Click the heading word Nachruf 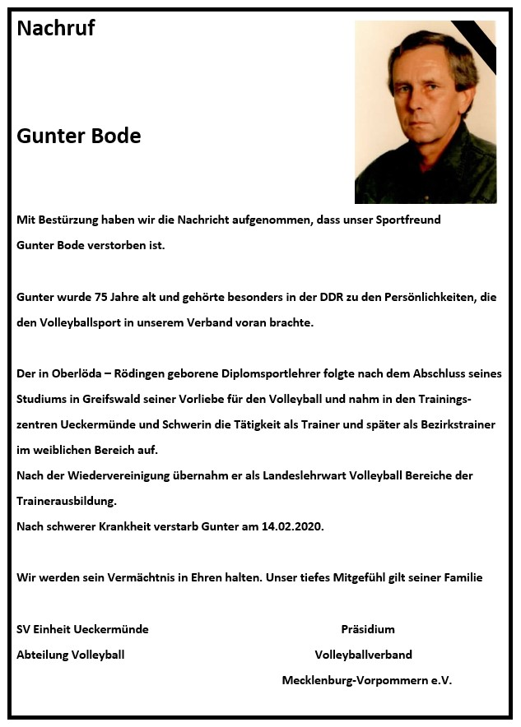point(55,29)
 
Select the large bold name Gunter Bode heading point(78,136)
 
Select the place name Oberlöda point(78,374)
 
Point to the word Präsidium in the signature point(368,629)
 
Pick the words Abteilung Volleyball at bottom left point(71,655)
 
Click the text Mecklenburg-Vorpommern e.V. point(366,680)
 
